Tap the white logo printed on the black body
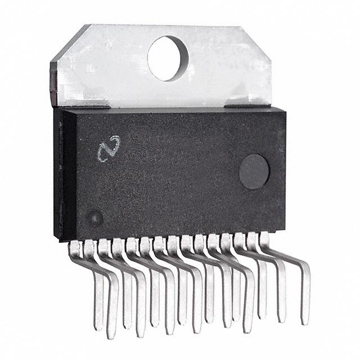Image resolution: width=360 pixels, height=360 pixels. click(x=107, y=148)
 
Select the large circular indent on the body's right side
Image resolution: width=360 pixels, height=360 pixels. click(x=254, y=172)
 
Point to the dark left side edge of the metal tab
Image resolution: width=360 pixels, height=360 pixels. click(x=53, y=84)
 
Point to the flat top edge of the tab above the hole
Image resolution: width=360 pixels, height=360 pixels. click(x=169, y=26)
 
